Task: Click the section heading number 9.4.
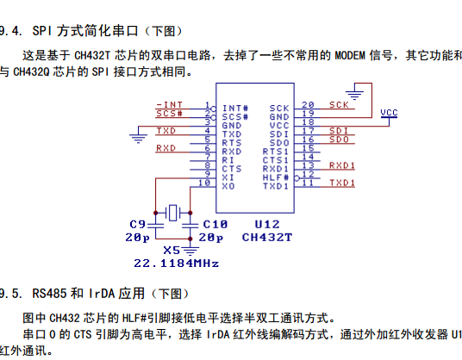click(11, 31)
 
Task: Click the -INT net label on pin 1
click(170, 103)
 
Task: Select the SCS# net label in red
click(169, 112)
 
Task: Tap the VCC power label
click(389, 112)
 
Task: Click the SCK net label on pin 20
click(339, 103)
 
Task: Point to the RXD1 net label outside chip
click(342, 164)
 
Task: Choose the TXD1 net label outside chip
click(342, 183)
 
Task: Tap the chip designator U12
click(267, 222)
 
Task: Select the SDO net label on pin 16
click(339, 139)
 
